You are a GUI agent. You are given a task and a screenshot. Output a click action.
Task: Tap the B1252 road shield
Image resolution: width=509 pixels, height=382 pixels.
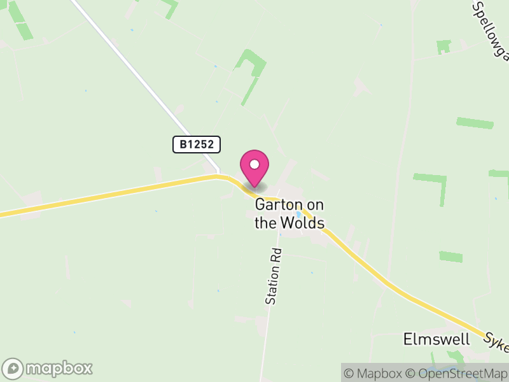(x=197, y=145)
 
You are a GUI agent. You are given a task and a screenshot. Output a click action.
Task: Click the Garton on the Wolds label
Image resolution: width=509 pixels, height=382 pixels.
(x=289, y=214)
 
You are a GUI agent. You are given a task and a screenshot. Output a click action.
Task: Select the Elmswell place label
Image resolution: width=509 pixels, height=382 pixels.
(x=436, y=339)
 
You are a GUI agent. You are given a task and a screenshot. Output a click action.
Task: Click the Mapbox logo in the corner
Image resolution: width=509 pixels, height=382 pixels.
(x=48, y=368)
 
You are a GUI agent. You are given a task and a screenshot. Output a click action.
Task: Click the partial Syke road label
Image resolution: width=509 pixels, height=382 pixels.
(x=496, y=342)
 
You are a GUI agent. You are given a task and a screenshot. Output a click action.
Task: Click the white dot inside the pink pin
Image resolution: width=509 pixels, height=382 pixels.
(x=254, y=165)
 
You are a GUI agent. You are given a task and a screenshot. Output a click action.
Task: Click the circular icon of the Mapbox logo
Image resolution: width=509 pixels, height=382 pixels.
(x=13, y=368)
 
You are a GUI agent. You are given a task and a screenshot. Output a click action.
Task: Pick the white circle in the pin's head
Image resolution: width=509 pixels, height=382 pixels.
(x=254, y=165)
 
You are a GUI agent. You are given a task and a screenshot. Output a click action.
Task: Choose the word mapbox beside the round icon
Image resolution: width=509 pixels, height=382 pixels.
(x=59, y=368)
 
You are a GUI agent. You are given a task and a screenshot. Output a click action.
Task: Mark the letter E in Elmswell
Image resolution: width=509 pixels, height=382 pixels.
(x=408, y=339)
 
